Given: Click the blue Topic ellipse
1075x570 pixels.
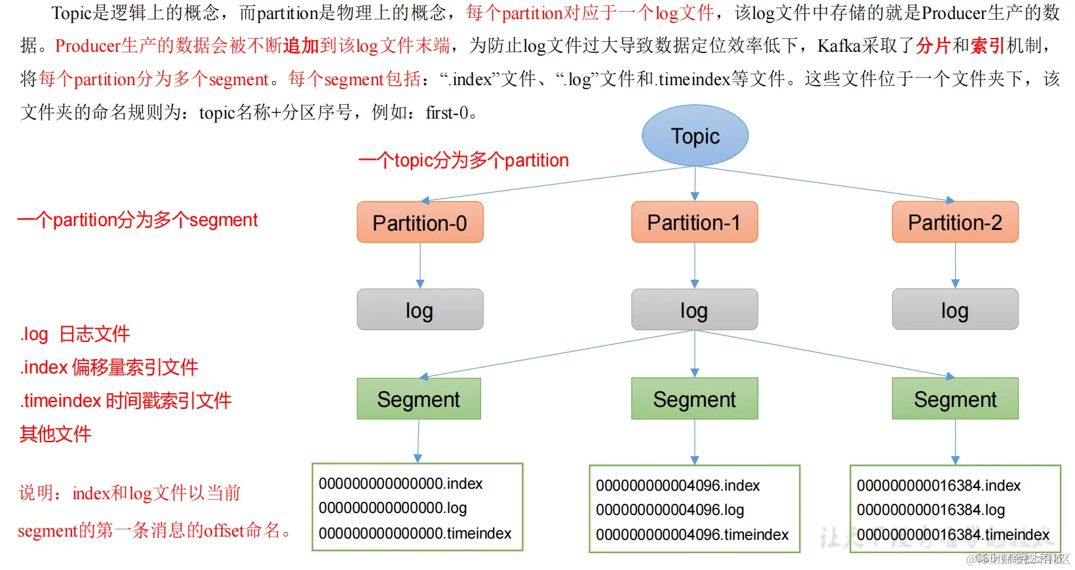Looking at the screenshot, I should click(695, 136).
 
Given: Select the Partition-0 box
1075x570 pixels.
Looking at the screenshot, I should click(420, 223).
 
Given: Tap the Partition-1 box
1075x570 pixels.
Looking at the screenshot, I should click(694, 222).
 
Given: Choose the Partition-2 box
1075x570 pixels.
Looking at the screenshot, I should click(955, 222).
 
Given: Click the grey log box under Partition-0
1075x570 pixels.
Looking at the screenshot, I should click(420, 310).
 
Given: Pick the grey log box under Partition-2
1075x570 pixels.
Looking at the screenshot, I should click(955, 310).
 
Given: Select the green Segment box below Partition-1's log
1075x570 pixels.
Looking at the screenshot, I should click(694, 399).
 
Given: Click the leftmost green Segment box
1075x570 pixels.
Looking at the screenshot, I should click(419, 399).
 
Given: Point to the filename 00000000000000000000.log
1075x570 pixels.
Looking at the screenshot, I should click(393, 508).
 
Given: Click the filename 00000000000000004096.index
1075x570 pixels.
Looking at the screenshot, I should click(678, 485).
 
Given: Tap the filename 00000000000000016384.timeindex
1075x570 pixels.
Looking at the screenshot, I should click(953, 535).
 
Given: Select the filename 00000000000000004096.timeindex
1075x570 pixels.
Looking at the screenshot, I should click(692, 535).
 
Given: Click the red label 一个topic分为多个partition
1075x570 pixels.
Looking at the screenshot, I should click(463, 161).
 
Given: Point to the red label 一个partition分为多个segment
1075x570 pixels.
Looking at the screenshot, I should click(138, 220).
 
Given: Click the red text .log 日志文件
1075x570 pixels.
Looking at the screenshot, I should click(75, 334).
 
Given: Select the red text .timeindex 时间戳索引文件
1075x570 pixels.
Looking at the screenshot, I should click(126, 400).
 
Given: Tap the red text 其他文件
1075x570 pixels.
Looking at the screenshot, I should click(56, 434).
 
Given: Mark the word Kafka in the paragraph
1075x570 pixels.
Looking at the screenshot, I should click(839, 46).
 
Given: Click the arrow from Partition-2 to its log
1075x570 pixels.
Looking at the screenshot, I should click(955, 265).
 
